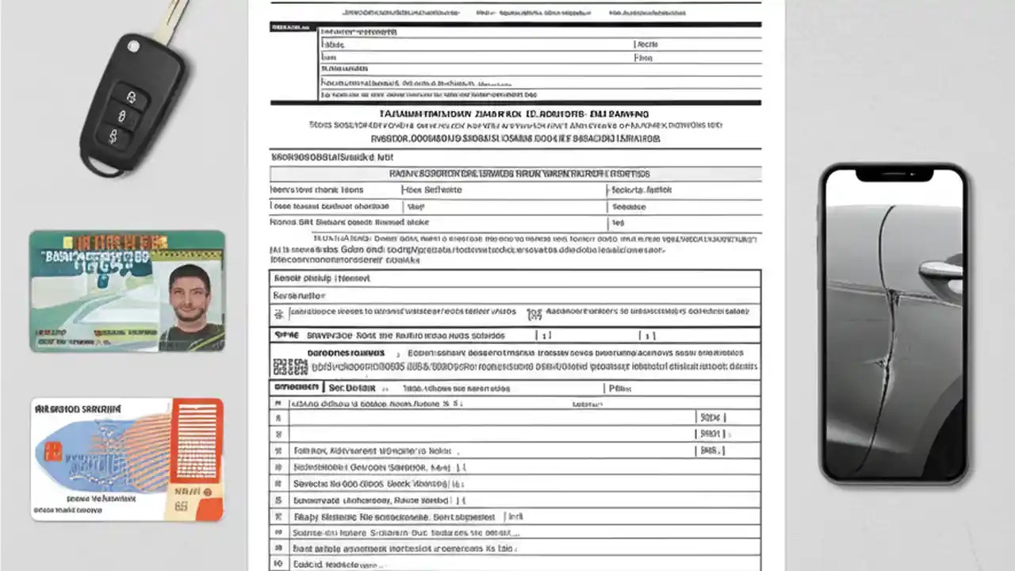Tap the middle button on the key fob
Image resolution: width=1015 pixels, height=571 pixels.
121,117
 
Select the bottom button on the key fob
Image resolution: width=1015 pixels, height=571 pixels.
113,137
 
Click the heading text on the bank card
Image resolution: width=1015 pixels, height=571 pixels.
77,409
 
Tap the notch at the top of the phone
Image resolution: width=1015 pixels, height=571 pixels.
894,174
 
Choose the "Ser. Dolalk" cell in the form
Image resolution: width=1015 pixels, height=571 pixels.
352,388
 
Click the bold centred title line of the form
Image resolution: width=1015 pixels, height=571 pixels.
515,114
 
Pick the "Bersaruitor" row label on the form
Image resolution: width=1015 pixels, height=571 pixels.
301,295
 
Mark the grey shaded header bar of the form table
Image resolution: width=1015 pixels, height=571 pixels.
515,174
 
